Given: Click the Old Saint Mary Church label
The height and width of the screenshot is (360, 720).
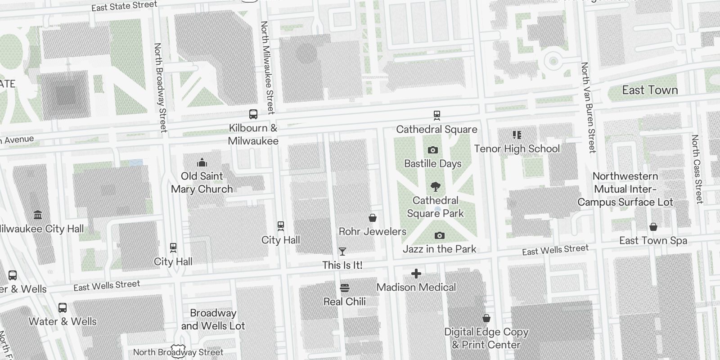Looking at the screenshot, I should click(202, 182).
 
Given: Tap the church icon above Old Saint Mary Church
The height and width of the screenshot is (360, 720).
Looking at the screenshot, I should click(202, 162).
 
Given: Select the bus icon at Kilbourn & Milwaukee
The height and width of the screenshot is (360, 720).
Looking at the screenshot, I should click(253, 114).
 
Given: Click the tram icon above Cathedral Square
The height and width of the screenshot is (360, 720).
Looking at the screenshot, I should click(436, 115).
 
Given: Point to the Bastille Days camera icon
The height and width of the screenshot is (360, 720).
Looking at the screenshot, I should click(433, 150).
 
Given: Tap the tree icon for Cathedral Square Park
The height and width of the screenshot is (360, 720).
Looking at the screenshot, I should click(435, 186).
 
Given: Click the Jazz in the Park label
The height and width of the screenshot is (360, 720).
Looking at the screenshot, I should click(439, 249).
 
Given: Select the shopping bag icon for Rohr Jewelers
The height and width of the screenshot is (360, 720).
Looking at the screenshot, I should click(373, 218).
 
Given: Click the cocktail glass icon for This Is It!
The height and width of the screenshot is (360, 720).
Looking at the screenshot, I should click(342, 252).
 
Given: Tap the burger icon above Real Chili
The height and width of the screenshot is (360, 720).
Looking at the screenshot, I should click(345, 288).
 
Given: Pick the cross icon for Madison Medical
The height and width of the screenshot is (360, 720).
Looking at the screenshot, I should click(416, 274).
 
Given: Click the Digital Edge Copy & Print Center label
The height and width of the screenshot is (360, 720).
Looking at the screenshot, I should click(486, 338).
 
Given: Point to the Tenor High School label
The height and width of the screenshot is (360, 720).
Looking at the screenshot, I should click(517, 148).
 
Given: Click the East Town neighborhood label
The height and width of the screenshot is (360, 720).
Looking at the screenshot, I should click(650, 90).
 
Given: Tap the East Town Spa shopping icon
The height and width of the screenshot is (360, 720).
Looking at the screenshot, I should click(653, 227).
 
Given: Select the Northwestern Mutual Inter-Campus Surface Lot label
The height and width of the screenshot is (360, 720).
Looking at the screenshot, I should click(625, 189).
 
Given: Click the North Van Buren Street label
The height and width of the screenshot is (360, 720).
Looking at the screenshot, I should click(588, 108).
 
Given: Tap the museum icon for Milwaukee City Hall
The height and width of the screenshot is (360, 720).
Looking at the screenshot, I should click(38, 215).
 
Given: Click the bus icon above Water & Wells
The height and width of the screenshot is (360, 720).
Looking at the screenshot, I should click(63, 308).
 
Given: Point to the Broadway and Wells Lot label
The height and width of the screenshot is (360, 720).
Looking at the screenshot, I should click(213, 319).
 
